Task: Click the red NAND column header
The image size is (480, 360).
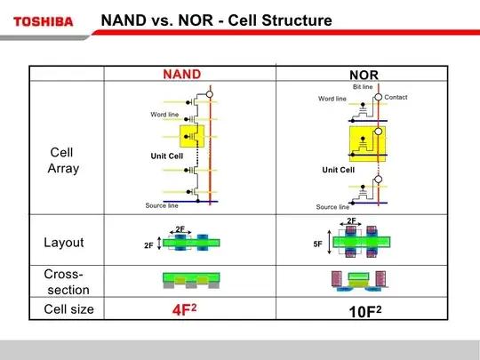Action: [181, 74]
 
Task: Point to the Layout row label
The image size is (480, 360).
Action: [63, 243]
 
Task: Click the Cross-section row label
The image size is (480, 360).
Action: [63, 282]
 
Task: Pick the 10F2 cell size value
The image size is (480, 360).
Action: [364, 314]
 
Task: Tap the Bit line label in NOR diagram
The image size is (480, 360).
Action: [363, 87]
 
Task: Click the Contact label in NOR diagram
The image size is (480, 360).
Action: [396, 96]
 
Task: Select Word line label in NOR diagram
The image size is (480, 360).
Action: [332, 99]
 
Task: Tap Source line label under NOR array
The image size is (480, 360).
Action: [332, 207]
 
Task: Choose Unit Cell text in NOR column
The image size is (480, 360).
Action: [338, 170]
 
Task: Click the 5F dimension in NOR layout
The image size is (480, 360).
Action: [317, 242]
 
